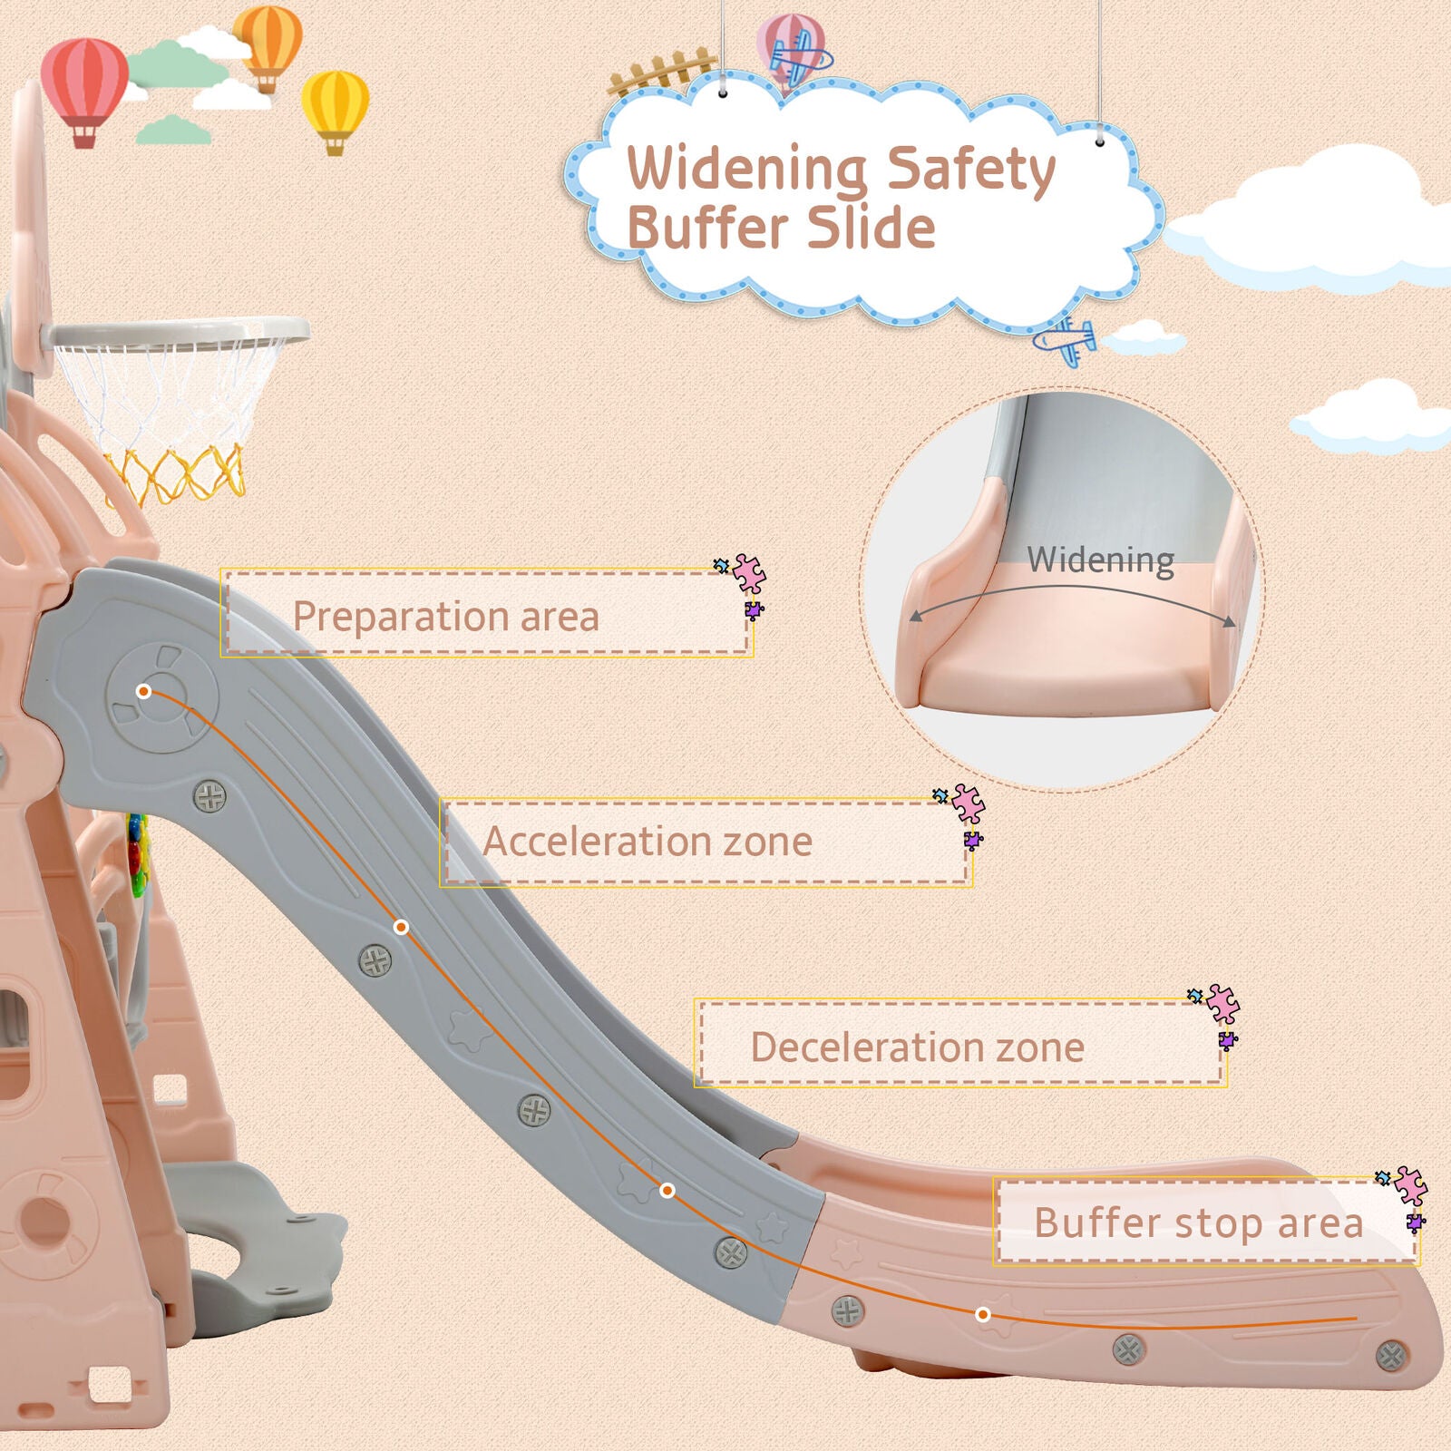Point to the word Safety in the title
970,170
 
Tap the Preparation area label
446,617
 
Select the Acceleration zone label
647,841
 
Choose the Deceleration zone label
917,1047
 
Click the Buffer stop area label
1199,1222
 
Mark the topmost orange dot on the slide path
143,691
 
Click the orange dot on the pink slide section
983,1314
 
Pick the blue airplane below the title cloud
1065,340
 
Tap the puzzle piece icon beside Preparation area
745,584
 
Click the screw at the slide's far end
1391,1357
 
